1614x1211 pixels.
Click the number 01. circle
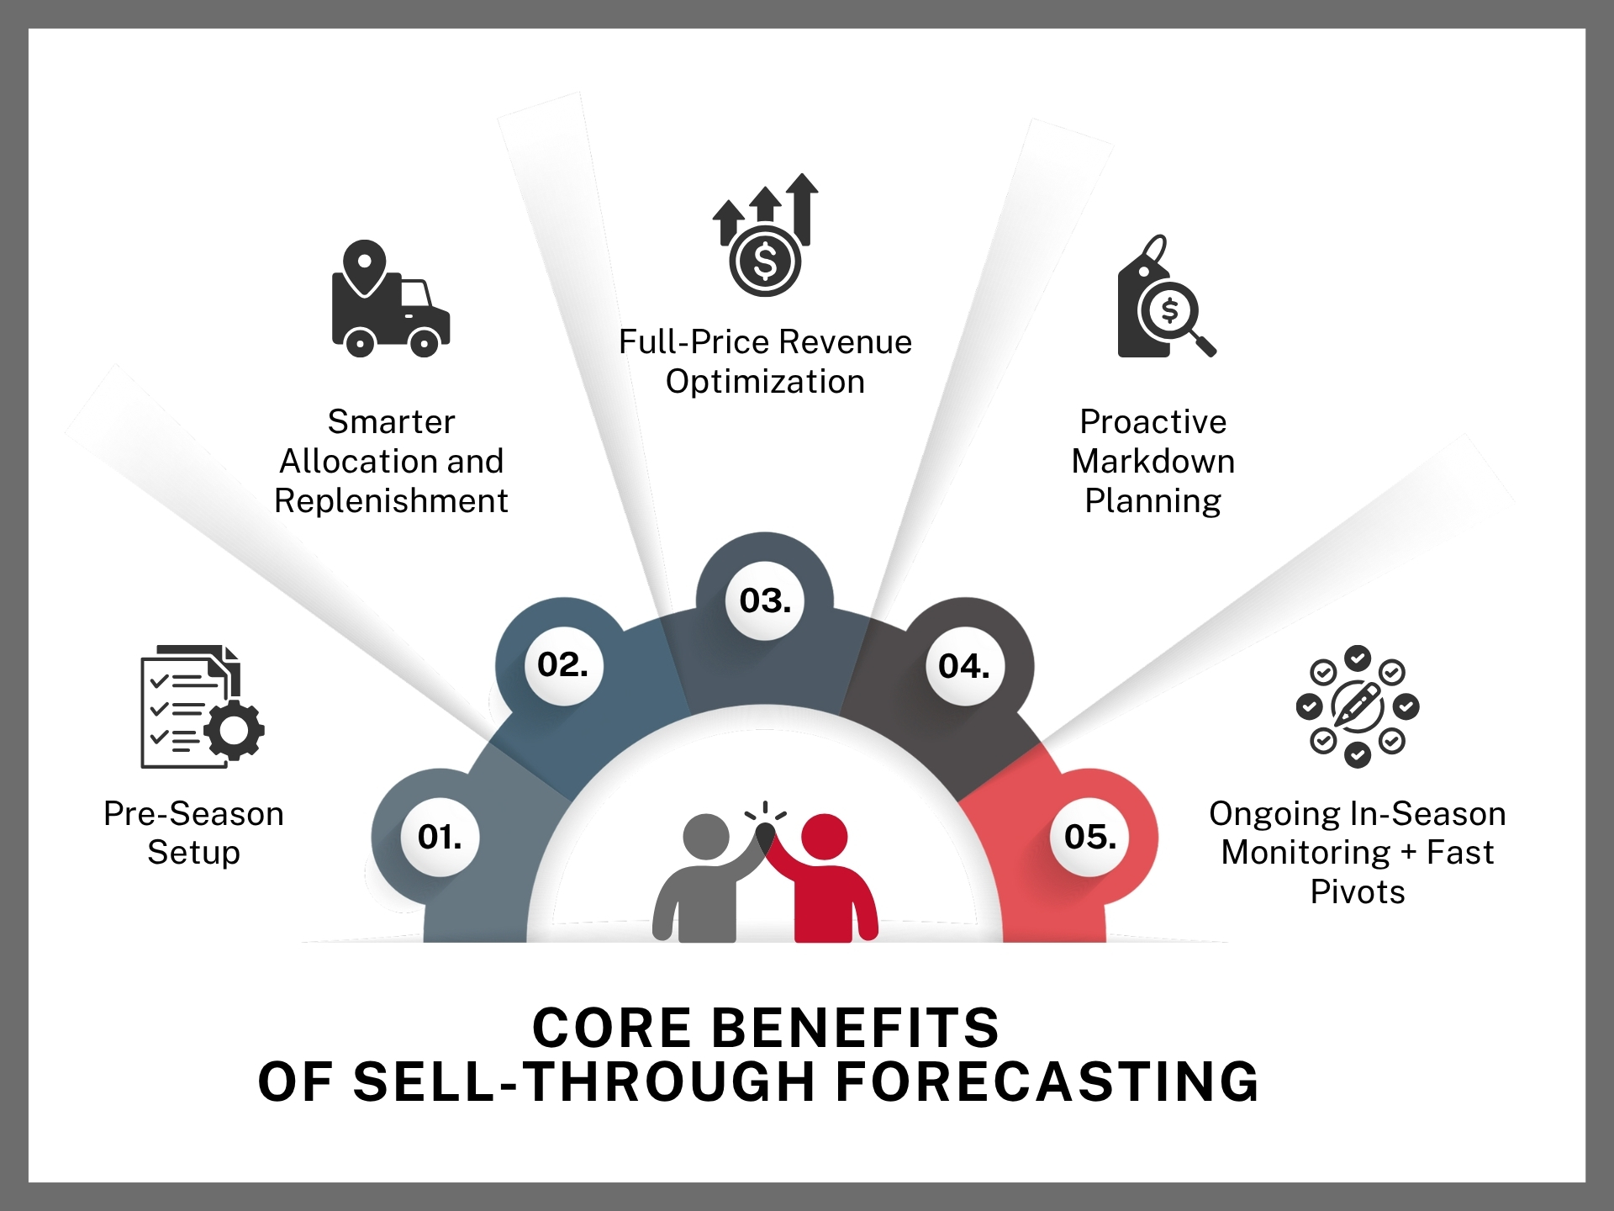[x=440, y=837]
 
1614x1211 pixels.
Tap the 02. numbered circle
[x=563, y=665]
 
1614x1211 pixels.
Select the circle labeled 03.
[x=765, y=600]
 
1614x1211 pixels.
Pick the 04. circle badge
[x=965, y=666]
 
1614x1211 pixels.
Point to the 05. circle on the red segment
[x=1090, y=837]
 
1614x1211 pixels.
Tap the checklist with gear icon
[x=203, y=706]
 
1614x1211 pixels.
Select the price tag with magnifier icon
[x=1167, y=296]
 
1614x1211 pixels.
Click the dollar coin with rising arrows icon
[x=765, y=235]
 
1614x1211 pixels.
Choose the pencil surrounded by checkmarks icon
[x=1358, y=706]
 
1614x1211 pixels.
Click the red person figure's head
[x=825, y=837]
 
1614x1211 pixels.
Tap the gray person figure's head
[x=706, y=837]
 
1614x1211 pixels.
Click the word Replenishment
[x=391, y=501]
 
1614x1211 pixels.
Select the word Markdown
[x=1153, y=461]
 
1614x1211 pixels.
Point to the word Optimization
[x=765, y=382]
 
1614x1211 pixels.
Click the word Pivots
[x=1358, y=891]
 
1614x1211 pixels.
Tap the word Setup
[x=194, y=853]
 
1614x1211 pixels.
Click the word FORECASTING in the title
[x=1047, y=1081]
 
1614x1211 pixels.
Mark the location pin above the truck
[x=364, y=267]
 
